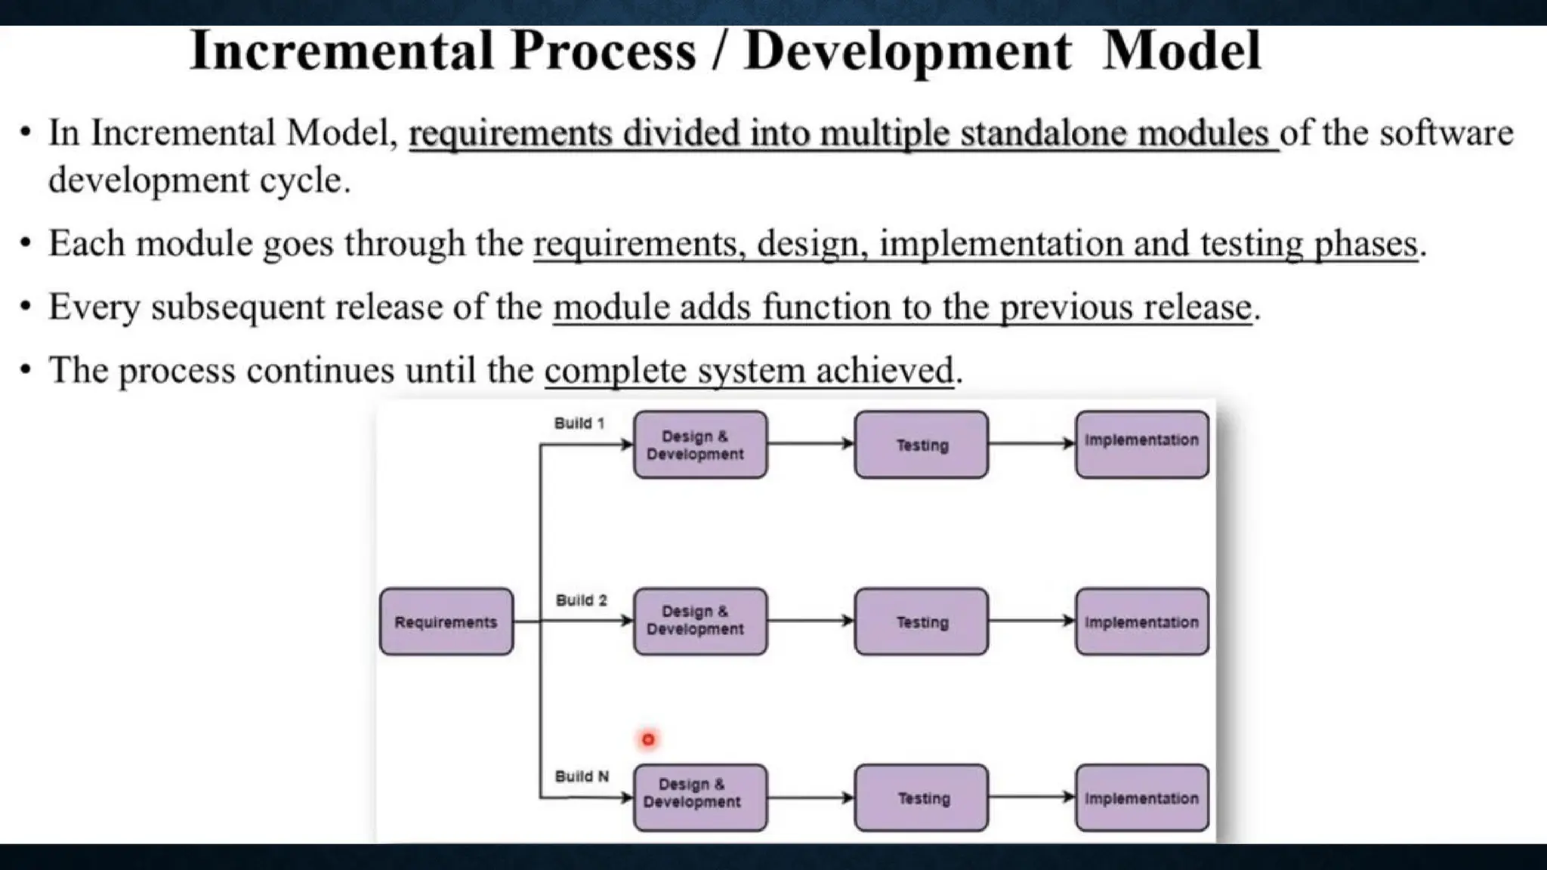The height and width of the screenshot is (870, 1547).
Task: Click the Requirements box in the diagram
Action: [446, 622]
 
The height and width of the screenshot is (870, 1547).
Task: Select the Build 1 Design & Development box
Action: [699, 445]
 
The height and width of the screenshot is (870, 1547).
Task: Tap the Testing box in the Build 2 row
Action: [921, 622]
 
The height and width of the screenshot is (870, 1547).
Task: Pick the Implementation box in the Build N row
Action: [1141, 798]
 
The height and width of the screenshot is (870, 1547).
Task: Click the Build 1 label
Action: [579, 423]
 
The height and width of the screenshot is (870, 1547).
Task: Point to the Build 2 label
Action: [581, 600]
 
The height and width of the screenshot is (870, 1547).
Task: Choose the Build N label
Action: [581, 776]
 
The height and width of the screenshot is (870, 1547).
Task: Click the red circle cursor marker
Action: [648, 739]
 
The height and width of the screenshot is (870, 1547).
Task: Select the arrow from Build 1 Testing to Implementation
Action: [1031, 444]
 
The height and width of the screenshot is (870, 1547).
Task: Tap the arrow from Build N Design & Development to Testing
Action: [811, 797]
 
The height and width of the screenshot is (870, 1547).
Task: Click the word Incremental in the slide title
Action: [341, 51]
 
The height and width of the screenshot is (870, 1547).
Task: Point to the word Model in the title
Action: [1181, 51]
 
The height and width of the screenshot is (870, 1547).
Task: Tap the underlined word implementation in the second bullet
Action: [1002, 244]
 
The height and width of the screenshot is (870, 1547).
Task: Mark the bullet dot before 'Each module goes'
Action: [26, 243]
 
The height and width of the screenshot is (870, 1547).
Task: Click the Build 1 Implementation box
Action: [1141, 445]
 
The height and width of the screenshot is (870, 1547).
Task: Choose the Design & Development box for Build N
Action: [699, 798]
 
